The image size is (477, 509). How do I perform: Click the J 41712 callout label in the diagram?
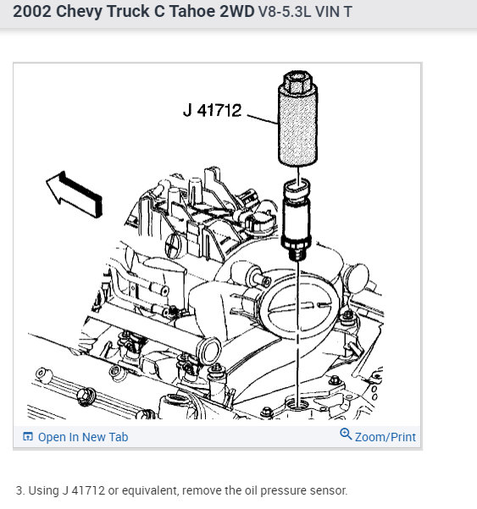point(213,110)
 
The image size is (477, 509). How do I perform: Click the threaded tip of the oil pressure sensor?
point(297,253)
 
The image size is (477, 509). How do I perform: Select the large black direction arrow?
point(74,194)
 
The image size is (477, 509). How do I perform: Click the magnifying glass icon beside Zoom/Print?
point(346,434)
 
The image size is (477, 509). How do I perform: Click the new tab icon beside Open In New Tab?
point(28,437)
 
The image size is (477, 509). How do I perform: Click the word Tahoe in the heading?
point(192,11)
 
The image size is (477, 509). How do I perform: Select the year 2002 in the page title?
point(32,11)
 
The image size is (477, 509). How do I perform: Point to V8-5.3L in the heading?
point(285,12)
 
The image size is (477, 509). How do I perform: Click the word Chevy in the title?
point(79,12)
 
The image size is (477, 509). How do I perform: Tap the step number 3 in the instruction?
point(20,490)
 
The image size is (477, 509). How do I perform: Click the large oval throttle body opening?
point(300,307)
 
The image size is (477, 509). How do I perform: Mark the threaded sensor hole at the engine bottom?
point(297,405)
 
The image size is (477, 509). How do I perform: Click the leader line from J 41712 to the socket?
point(263,119)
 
